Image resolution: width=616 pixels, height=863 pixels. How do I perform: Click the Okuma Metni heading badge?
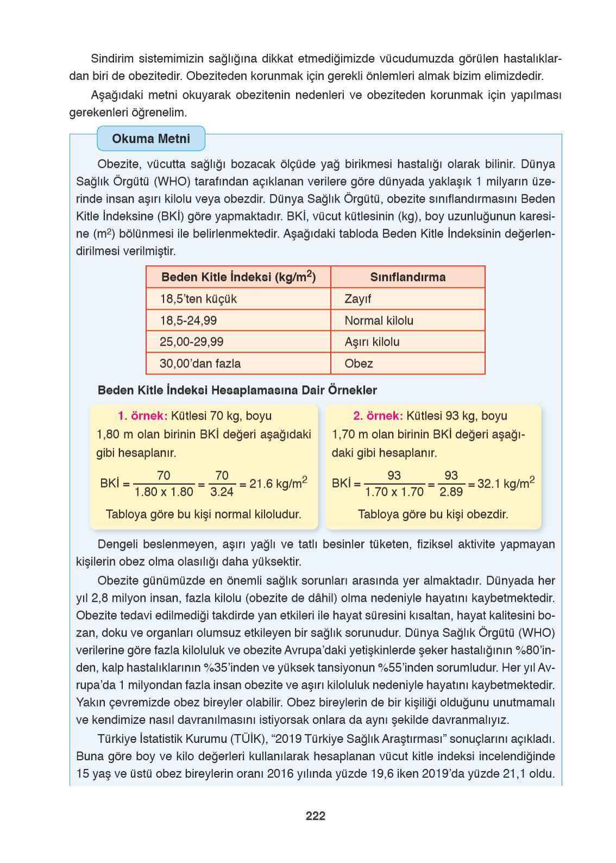[x=151, y=139]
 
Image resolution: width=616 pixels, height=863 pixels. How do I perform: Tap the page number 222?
[x=315, y=816]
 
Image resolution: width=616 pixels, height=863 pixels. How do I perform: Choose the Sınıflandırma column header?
[x=407, y=277]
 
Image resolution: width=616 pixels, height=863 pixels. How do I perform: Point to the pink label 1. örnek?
[x=142, y=416]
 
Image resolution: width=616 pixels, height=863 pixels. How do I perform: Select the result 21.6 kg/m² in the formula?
[x=278, y=483]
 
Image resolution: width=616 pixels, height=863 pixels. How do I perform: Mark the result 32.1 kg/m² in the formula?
[x=506, y=483]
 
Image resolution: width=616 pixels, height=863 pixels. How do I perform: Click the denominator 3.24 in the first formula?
[x=222, y=492]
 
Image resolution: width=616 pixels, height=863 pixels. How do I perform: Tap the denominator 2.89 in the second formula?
[x=451, y=492]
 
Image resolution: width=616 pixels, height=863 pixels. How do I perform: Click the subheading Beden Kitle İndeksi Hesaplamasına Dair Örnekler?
[x=237, y=390]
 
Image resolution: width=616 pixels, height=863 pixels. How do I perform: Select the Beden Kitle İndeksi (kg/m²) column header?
[x=238, y=277]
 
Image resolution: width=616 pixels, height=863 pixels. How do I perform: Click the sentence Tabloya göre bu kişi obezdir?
[x=433, y=514]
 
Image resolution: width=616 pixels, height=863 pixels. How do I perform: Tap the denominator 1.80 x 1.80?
[x=164, y=492]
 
